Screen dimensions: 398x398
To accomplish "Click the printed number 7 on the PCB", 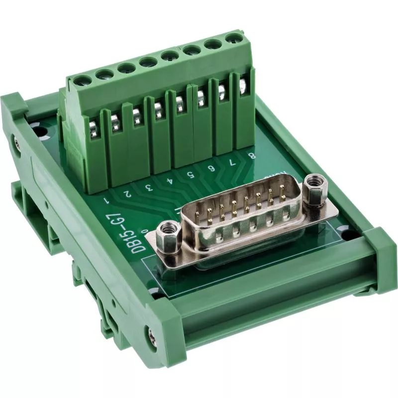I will click(x=232, y=162).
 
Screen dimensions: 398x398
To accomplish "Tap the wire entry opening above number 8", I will click(x=243, y=85).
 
